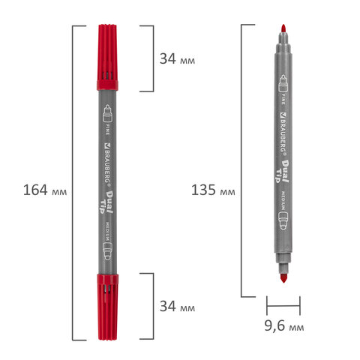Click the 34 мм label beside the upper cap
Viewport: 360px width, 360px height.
[x=178, y=59]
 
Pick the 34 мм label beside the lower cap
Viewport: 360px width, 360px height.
[x=178, y=307]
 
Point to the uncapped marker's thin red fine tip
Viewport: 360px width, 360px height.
[x=283, y=28]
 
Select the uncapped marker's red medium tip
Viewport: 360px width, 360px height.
[x=283, y=278]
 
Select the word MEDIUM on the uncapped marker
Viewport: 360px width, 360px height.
[x=284, y=202]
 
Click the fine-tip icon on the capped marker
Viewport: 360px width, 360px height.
[x=106, y=114]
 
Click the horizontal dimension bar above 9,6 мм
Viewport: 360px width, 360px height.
[x=284, y=305]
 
